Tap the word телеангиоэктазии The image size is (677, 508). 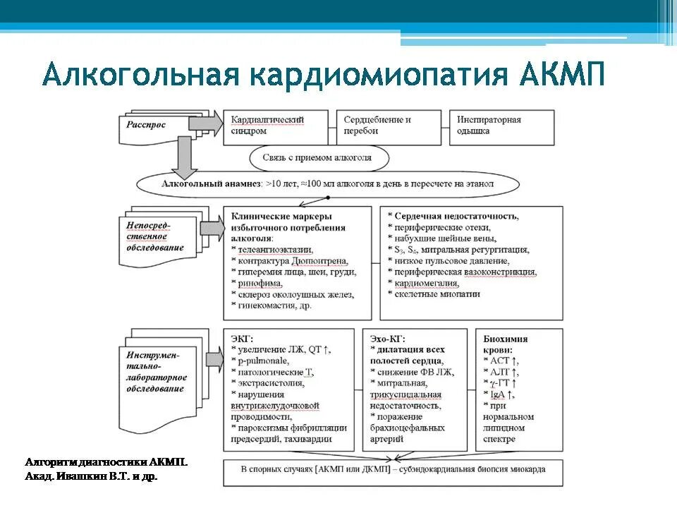coord(275,250)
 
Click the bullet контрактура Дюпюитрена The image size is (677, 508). coord(287,261)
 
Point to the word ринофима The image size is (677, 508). coord(260,283)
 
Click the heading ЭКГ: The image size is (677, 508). coord(242,339)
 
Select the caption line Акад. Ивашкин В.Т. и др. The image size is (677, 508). coord(92,477)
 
